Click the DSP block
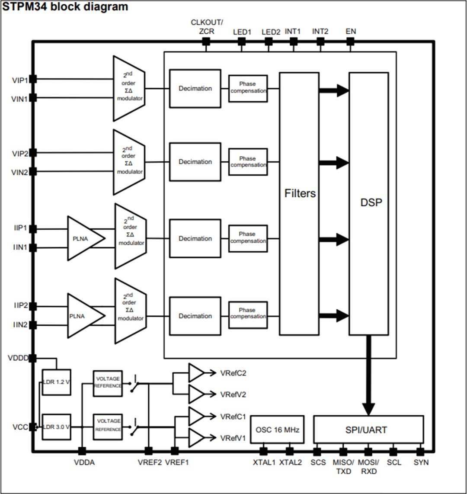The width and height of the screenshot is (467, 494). pos(368,203)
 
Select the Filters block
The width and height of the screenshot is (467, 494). pos(299,203)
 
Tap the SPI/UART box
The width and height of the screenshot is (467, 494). pos(368,430)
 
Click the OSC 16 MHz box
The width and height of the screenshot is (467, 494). pos(277,430)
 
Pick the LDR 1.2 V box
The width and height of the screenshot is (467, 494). pos(56,382)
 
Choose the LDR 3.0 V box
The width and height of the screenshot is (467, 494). pos(56,427)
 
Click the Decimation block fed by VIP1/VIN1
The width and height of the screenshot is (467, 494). pos(195,88)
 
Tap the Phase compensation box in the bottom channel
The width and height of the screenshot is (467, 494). pos(248,313)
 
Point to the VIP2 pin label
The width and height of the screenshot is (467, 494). pos(19,153)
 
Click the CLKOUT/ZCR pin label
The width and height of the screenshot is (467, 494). pos(207,27)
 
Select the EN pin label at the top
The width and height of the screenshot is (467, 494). pos(351,32)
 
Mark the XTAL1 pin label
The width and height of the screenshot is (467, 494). pos(264,462)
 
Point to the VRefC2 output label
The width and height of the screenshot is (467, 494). pos(233,373)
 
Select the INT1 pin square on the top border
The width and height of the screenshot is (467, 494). pos(294,42)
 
